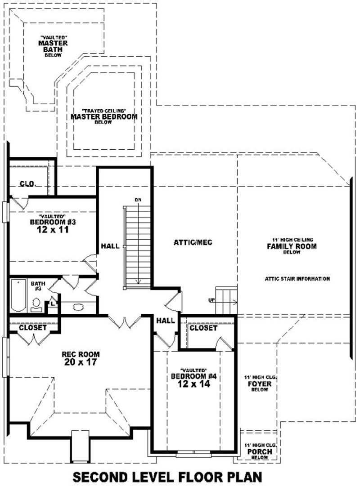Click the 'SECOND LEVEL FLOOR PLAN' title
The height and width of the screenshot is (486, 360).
coord(167,476)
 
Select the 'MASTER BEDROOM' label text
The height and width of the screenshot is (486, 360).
coord(104,117)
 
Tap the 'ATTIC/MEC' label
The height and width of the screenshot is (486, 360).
coord(193,243)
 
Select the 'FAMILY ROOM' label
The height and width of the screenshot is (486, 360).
coord(292,246)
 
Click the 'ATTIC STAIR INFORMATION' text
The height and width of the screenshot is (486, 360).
coord(297,279)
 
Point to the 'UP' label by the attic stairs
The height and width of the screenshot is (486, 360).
coord(211,299)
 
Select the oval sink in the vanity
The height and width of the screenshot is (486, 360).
coord(78,308)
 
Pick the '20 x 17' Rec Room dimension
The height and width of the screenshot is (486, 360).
coord(80,362)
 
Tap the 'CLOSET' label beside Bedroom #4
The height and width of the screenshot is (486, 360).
coord(203,328)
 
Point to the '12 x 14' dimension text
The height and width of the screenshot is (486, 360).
coord(194,385)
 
